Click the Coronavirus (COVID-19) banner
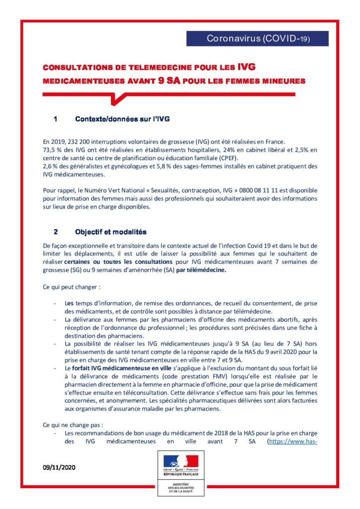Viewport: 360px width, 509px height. [x=258, y=39]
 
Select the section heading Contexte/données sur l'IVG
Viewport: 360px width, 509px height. [x=122, y=119]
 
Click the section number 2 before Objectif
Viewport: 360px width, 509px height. [x=56, y=232]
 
